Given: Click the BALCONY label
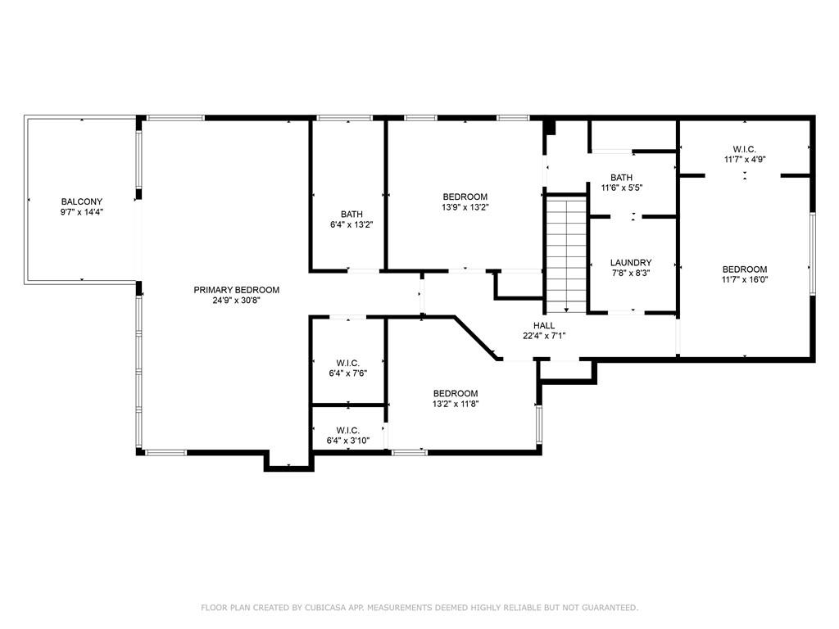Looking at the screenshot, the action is pyautogui.click(x=81, y=201).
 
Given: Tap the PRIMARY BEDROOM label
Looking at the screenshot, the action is pyautogui.click(x=237, y=290).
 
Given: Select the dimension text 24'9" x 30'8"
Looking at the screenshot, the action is pyautogui.click(x=237, y=301).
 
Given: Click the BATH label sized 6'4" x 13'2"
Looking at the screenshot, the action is pyautogui.click(x=351, y=214).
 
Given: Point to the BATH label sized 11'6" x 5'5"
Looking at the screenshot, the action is pyautogui.click(x=621, y=178).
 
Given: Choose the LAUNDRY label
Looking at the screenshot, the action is pyautogui.click(x=631, y=263).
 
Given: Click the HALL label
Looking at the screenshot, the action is pyautogui.click(x=544, y=326).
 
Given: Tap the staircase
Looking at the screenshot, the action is pyautogui.click(x=566, y=255).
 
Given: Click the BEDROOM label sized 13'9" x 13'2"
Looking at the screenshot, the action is pyautogui.click(x=465, y=197).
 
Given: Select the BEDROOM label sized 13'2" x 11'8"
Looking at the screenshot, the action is pyautogui.click(x=456, y=394).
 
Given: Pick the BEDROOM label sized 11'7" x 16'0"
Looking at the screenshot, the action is pyautogui.click(x=744, y=269).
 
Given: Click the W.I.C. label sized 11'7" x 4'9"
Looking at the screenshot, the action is pyautogui.click(x=744, y=150).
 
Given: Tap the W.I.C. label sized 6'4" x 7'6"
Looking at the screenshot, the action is pyautogui.click(x=347, y=364).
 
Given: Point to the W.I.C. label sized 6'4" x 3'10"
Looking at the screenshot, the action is pyautogui.click(x=347, y=431).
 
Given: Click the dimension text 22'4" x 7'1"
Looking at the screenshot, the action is pyautogui.click(x=544, y=337).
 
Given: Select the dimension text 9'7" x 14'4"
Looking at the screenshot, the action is pyautogui.click(x=81, y=212).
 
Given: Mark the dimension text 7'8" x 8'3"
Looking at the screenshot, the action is pyautogui.click(x=631, y=274).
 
